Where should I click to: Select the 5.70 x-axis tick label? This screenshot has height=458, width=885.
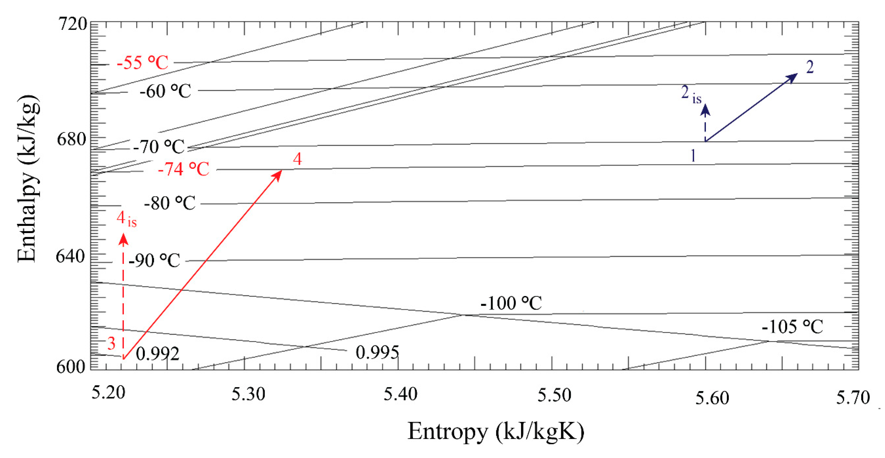click(853, 398)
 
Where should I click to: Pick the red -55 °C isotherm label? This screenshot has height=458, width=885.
click(142, 63)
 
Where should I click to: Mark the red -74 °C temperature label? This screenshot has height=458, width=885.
click(183, 169)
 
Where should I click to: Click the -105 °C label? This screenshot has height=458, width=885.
click(792, 327)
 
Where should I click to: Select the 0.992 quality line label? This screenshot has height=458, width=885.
click(157, 354)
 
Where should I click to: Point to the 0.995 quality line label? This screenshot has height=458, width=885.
click(377, 353)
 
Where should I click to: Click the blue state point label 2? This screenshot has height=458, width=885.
click(810, 67)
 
